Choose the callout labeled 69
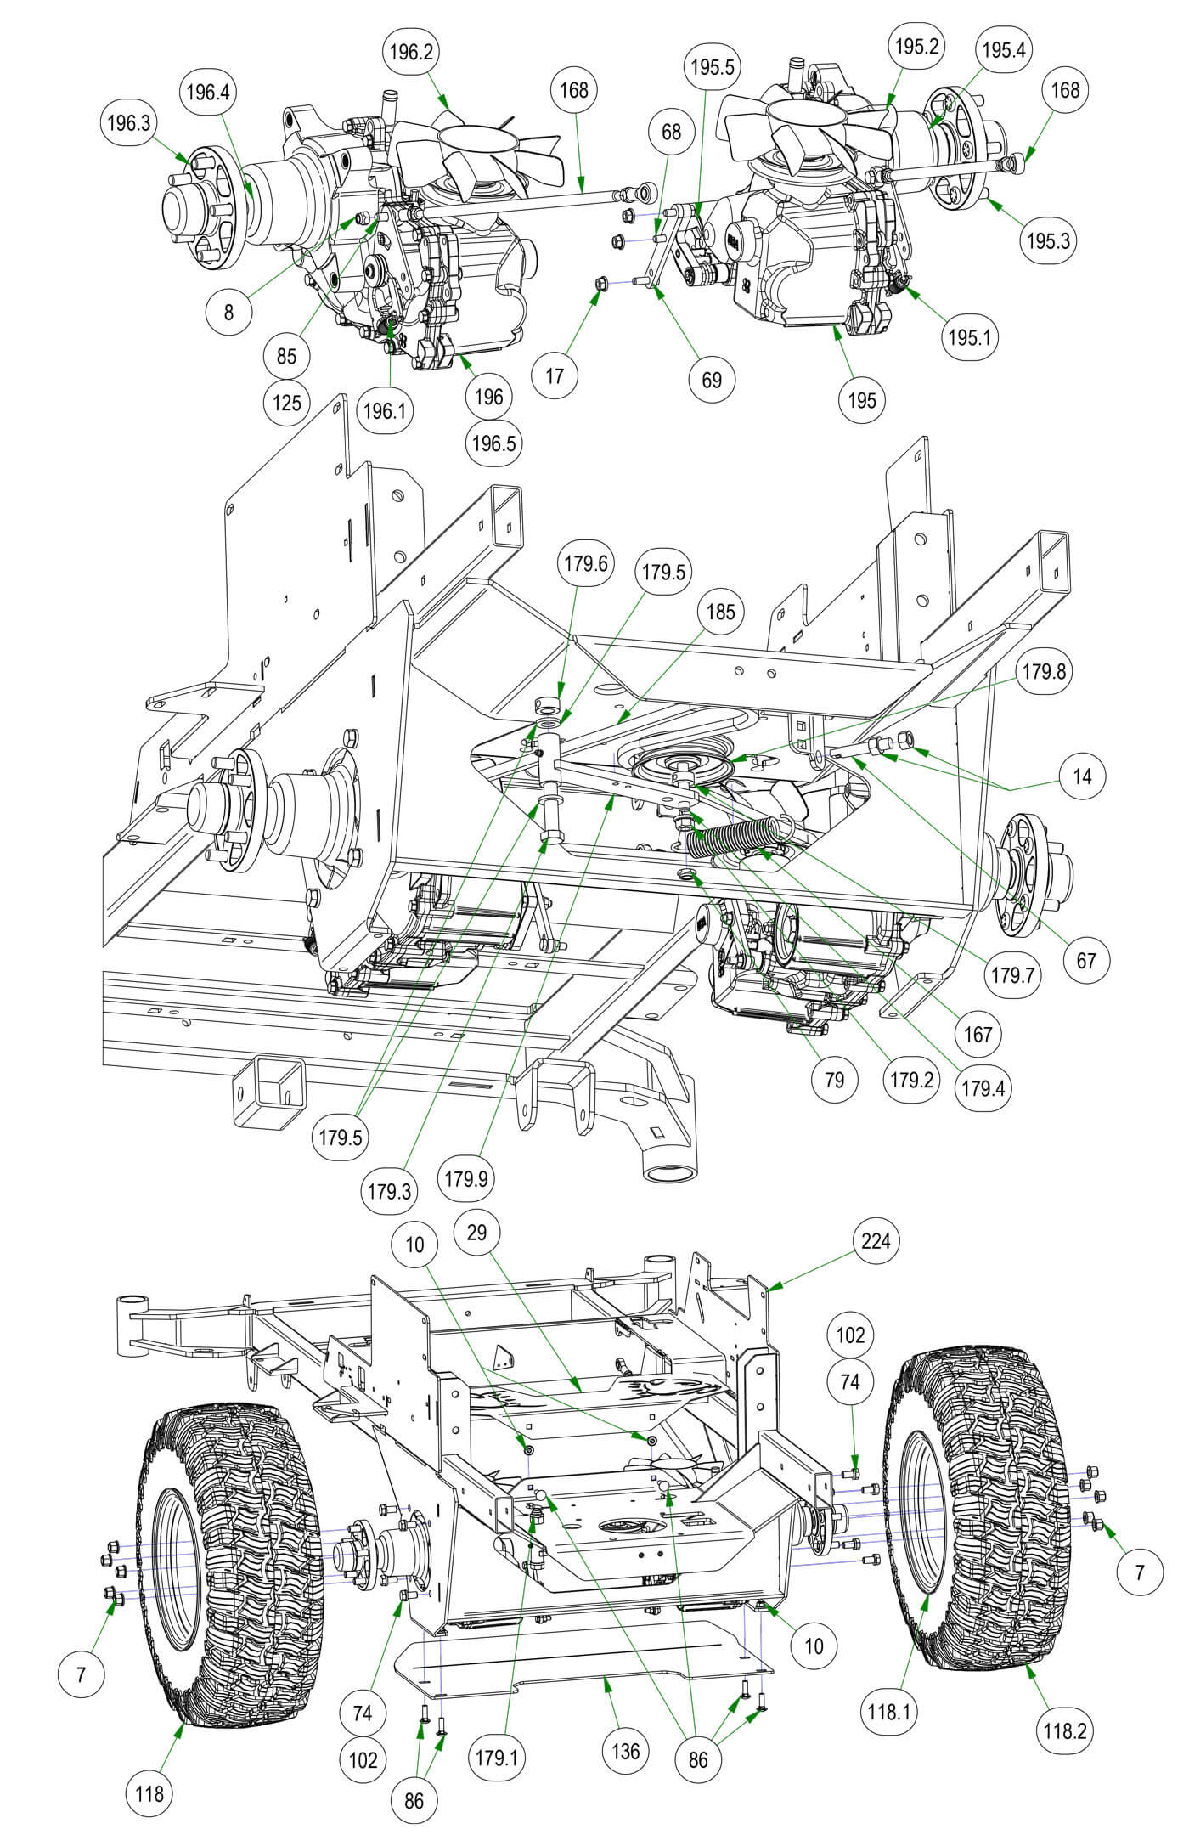pyautogui.click(x=712, y=379)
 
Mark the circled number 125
pyautogui.click(x=287, y=402)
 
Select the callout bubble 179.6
pyautogui.click(x=584, y=564)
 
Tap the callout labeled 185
pyautogui.click(x=720, y=613)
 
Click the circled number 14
pyautogui.click(x=1082, y=776)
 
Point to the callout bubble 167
pyautogui.click(x=978, y=1034)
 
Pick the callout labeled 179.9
pyautogui.click(x=469, y=1179)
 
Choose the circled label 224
pyautogui.click(x=876, y=1241)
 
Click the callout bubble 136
pyautogui.click(x=626, y=1751)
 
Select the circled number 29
pyautogui.click(x=477, y=1232)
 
